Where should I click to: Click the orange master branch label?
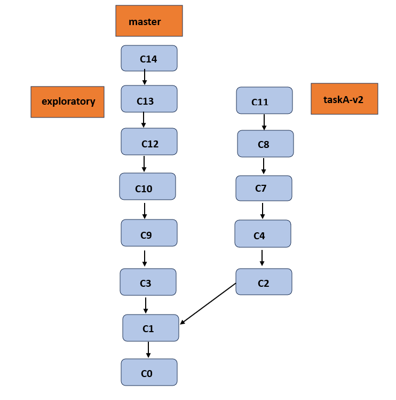pyautogui.click(x=149, y=21)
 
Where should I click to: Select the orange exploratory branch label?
pyautogui.click(x=67, y=101)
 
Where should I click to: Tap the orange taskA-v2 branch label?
pyautogui.click(x=344, y=99)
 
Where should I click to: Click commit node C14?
pyautogui.click(x=149, y=58)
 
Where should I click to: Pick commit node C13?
pyautogui.click(x=149, y=99)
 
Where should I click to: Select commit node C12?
pyautogui.click(x=149, y=142)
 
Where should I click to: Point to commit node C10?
pyautogui.click(x=147, y=186)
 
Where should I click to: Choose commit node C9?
pyautogui.click(x=149, y=233)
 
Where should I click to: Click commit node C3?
pyautogui.click(x=148, y=282)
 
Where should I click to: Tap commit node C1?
pyautogui.click(x=151, y=328)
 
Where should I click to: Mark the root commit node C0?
pyautogui.click(x=149, y=372)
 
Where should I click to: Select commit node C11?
pyautogui.click(x=264, y=100)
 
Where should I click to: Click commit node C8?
pyautogui.click(x=265, y=144)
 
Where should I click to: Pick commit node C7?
pyautogui.click(x=264, y=187)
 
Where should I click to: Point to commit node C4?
pyautogui.click(x=263, y=234)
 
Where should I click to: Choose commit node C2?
pyautogui.click(x=264, y=282)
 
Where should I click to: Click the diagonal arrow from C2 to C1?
pyautogui.click(x=208, y=303)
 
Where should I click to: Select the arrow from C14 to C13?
pyautogui.click(x=144, y=78)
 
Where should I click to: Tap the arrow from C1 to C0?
pyautogui.click(x=148, y=350)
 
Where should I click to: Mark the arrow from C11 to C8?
pyautogui.click(x=264, y=122)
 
